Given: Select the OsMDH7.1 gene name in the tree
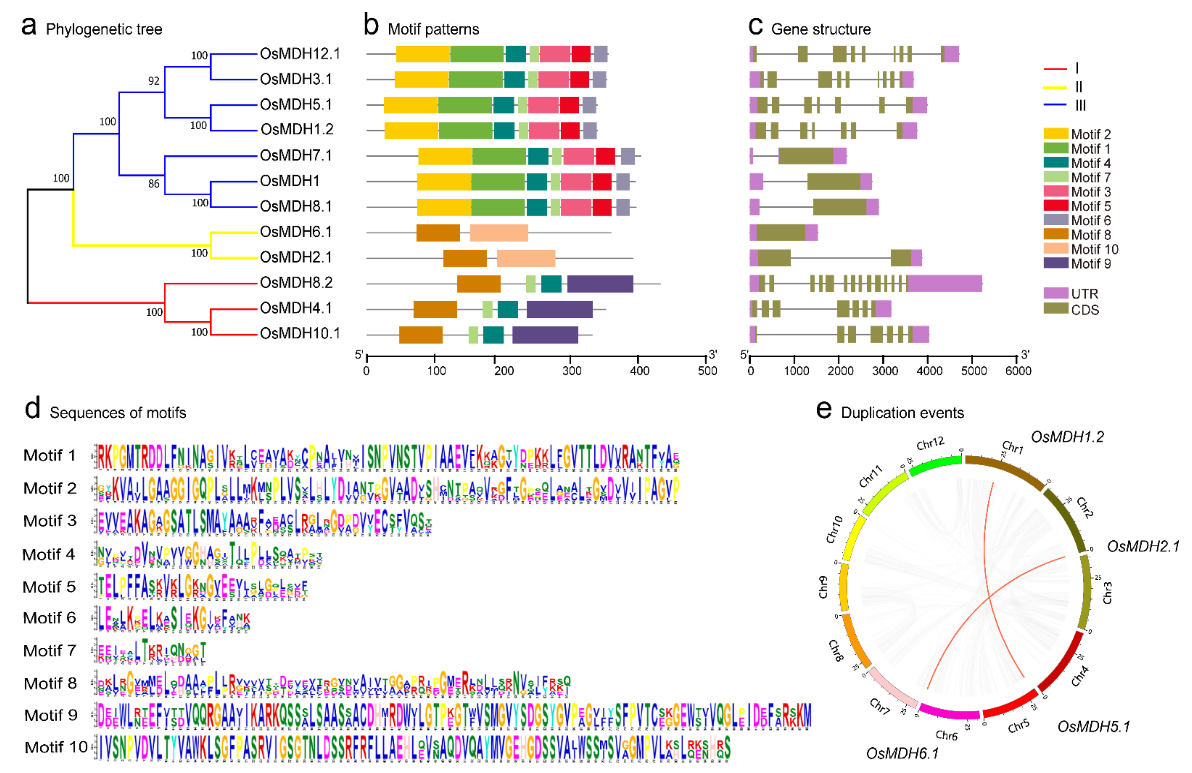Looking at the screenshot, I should [296, 155].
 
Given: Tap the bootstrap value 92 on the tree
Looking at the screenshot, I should [154, 81].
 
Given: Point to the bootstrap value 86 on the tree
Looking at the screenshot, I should [154, 184].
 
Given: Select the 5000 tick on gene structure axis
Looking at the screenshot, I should [973, 371].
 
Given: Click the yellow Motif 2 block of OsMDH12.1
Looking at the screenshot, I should [423, 54].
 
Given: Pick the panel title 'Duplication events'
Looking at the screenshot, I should [902, 413].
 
